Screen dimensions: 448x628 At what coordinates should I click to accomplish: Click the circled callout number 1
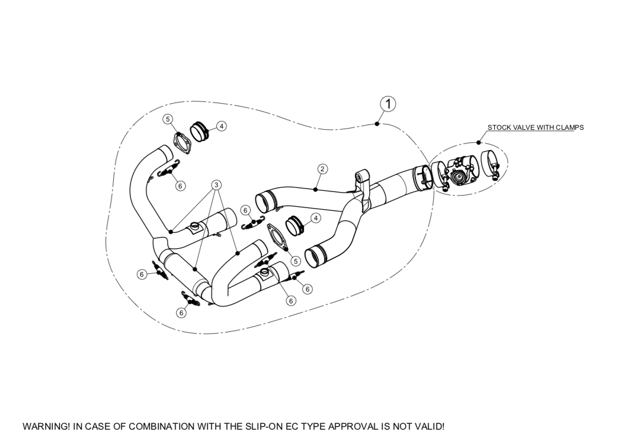388,103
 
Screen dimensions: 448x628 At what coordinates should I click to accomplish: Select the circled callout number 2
322,169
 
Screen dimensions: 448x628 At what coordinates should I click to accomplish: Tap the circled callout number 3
217,185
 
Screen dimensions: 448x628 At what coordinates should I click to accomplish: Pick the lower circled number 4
316,218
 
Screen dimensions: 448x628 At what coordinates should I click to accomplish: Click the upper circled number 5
168,119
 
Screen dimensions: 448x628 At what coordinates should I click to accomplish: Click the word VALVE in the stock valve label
523,127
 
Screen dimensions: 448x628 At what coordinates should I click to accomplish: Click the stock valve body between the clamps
460,172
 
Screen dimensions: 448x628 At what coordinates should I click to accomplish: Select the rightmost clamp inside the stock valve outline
491,165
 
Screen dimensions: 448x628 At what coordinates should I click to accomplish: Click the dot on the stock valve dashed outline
479,143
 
